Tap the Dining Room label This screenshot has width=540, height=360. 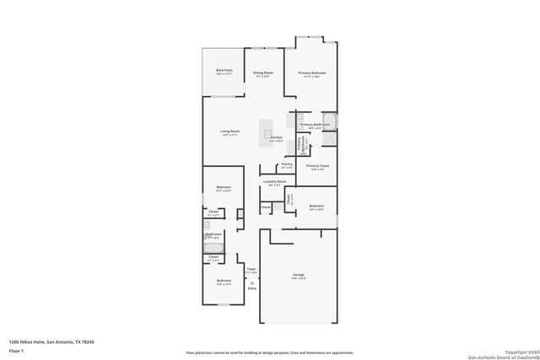coord(263,74)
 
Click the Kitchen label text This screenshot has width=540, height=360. coord(276,138)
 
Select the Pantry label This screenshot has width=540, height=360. coord(287,165)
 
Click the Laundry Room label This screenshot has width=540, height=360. coord(275,182)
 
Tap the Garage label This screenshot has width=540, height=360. coord(298,275)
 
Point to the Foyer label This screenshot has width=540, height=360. coord(251,271)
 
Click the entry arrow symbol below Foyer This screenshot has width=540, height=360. coord(251,282)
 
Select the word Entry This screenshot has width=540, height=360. coord(251,288)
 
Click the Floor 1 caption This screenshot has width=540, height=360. coord(16,350)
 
